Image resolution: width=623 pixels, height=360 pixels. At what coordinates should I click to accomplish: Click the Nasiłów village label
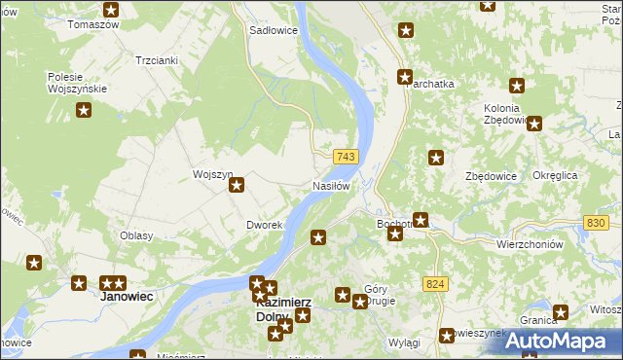pos(330,185)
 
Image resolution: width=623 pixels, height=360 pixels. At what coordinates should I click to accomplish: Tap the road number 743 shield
pos(346,157)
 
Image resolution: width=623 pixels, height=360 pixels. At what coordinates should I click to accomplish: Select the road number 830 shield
pos(597,224)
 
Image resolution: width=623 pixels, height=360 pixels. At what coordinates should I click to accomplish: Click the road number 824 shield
pos(435,283)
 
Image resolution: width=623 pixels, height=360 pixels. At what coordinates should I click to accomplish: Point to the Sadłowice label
pos(274,30)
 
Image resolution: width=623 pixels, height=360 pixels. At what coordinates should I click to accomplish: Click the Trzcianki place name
pos(157,59)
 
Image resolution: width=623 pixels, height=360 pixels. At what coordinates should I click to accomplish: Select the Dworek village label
pos(264,225)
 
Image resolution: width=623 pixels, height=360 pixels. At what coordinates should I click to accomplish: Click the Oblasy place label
pos(136,235)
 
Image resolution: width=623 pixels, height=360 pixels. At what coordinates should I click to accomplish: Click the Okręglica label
pos(556,175)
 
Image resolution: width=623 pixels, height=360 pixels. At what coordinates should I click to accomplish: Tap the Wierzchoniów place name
pos(531,244)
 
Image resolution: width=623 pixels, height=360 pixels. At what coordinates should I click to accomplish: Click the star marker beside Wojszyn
pos(236,185)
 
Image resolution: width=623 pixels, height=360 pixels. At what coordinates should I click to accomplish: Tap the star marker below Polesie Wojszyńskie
pos(84,111)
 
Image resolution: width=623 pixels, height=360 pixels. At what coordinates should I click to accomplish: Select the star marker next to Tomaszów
pos(111,10)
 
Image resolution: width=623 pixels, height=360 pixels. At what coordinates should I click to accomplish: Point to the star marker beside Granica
pos(561,312)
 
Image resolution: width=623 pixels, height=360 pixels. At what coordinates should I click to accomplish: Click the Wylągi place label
pos(403,343)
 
